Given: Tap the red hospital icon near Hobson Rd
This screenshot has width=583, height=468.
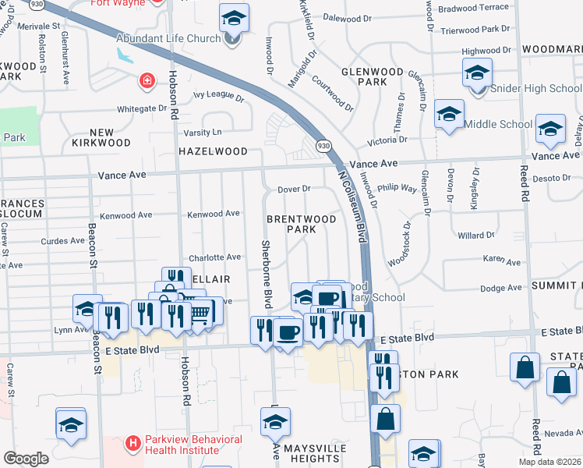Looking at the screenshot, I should tap(147, 80).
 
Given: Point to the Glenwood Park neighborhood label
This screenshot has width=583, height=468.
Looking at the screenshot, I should tap(373, 76).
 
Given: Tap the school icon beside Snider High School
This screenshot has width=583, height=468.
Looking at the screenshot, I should tap(476, 74).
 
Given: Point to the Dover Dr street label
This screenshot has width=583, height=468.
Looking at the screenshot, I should tap(295, 189).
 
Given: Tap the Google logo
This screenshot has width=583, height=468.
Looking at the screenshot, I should tap(26, 459).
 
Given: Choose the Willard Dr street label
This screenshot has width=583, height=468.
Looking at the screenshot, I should tap(476, 235).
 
